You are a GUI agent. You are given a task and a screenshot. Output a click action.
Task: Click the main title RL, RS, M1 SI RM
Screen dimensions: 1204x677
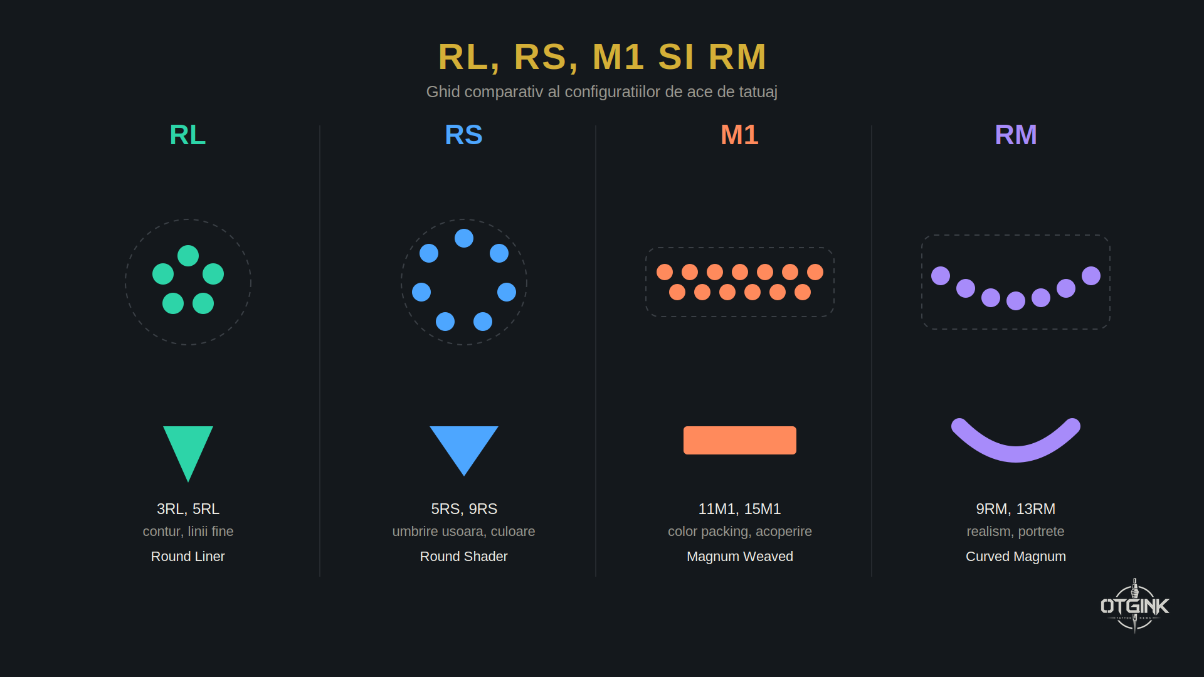click(x=602, y=57)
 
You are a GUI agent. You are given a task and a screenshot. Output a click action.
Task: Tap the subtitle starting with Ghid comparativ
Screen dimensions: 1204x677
click(x=602, y=92)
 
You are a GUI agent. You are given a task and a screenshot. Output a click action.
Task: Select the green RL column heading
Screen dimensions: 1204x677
click(x=187, y=135)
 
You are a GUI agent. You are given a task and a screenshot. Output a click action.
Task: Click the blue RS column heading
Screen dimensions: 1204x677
click(x=463, y=135)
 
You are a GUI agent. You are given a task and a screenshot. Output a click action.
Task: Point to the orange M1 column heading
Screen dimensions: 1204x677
click(x=739, y=135)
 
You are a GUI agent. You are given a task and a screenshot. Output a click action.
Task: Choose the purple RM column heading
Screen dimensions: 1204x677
click(x=1015, y=135)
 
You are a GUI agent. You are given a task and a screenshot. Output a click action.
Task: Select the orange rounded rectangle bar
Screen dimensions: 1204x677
click(x=740, y=440)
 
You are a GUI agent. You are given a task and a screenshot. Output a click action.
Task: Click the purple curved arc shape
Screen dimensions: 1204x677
click(x=1016, y=454)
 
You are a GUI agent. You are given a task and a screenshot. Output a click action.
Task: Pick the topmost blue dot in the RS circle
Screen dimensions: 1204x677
click(x=464, y=238)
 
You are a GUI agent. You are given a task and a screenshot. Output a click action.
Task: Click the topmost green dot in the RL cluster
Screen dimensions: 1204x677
click(x=188, y=256)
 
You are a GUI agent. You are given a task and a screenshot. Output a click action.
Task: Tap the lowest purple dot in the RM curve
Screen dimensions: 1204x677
click(x=1016, y=301)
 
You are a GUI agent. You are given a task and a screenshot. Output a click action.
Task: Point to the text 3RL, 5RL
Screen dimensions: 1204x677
click(x=188, y=509)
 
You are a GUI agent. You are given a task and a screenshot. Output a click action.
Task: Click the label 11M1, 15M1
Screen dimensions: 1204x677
click(x=740, y=509)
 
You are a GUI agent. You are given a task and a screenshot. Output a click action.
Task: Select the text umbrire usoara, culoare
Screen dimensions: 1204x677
click(x=464, y=532)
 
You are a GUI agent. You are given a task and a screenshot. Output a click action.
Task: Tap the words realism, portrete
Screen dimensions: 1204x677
click(x=1016, y=532)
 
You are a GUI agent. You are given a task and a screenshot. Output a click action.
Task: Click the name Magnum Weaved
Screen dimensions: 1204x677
click(x=740, y=557)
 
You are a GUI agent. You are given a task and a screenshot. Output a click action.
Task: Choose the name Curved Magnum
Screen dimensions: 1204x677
click(x=1016, y=557)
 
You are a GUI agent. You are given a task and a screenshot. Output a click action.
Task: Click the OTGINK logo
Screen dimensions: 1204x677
click(x=1135, y=606)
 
